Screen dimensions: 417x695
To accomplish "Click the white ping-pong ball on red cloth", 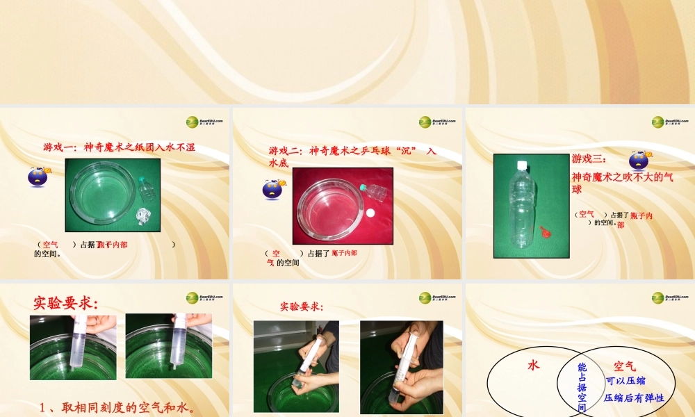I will click(370, 213).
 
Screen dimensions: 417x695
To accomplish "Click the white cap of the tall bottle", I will click(523, 165).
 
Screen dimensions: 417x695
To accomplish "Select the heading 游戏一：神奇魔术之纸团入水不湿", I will click(119, 147).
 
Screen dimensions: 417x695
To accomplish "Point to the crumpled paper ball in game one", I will click(145, 215).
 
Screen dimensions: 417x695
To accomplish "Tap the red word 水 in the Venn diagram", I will click(534, 365).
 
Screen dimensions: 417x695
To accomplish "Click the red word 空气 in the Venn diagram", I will click(625, 366).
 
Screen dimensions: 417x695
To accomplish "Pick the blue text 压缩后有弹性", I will click(634, 398).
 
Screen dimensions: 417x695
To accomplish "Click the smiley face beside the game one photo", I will click(38, 176).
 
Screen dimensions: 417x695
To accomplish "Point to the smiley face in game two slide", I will click(272, 188).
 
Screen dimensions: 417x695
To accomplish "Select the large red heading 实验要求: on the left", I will click(66, 303).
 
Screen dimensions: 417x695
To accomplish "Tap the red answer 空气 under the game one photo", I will click(50, 245).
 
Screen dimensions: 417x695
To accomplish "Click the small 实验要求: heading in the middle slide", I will click(302, 306).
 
